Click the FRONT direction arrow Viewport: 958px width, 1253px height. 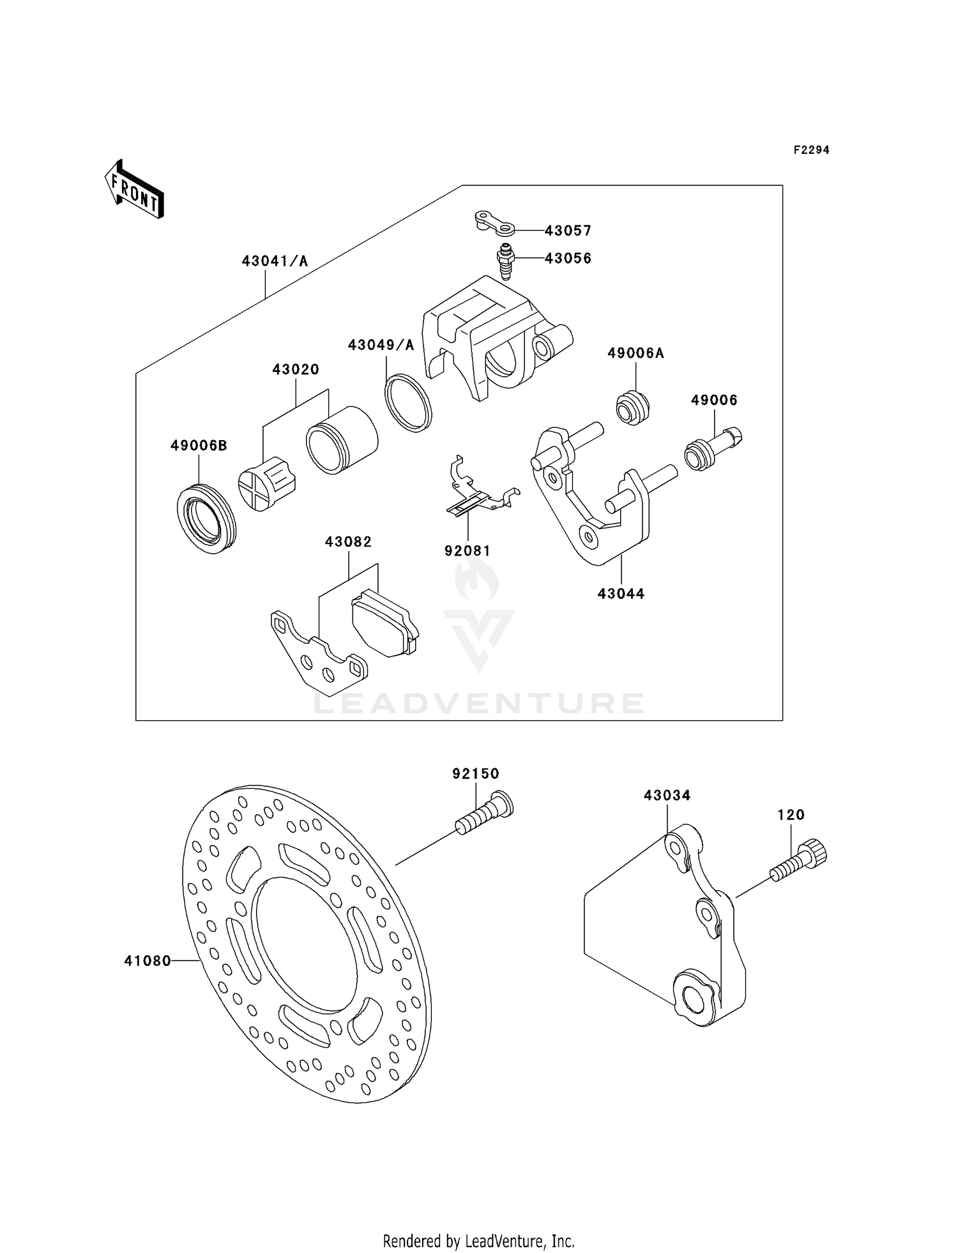click(x=135, y=190)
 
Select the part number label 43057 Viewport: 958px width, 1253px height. click(x=568, y=230)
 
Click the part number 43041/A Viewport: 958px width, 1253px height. click(x=275, y=261)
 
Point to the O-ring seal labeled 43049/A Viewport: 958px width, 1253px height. click(x=408, y=403)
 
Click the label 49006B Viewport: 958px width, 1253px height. click(x=199, y=446)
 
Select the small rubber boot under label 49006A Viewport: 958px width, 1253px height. click(x=632, y=407)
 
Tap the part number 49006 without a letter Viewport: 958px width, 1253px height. click(x=714, y=400)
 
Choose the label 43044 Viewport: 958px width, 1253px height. click(x=621, y=594)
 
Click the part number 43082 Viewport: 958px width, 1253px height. click(x=348, y=542)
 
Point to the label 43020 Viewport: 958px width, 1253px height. click(x=296, y=369)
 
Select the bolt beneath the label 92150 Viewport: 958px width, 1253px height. click(x=483, y=815)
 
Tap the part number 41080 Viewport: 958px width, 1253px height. click(x=148, y=961)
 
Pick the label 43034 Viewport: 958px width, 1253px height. click(x=667, y=795)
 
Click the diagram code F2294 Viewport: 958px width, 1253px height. click(x=811, y=150)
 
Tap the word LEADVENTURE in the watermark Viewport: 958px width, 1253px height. click(x=479, y=704)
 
